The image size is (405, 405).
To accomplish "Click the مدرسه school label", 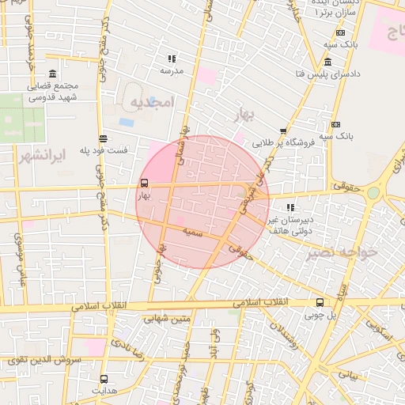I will click(x=172, y=70).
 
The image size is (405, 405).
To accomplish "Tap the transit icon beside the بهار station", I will click(x=143, y=182).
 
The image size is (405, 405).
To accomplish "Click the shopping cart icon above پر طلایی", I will click(x=283, y=131).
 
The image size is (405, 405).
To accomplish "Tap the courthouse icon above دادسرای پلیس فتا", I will click(x=327, y=62).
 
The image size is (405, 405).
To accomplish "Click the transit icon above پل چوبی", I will click(x=320, y=302).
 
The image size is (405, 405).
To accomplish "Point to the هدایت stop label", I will click(x=104, y=390).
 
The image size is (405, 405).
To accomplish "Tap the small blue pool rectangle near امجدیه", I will click(x=127, y=123).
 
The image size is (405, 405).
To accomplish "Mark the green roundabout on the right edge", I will click(x=373, y=192).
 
